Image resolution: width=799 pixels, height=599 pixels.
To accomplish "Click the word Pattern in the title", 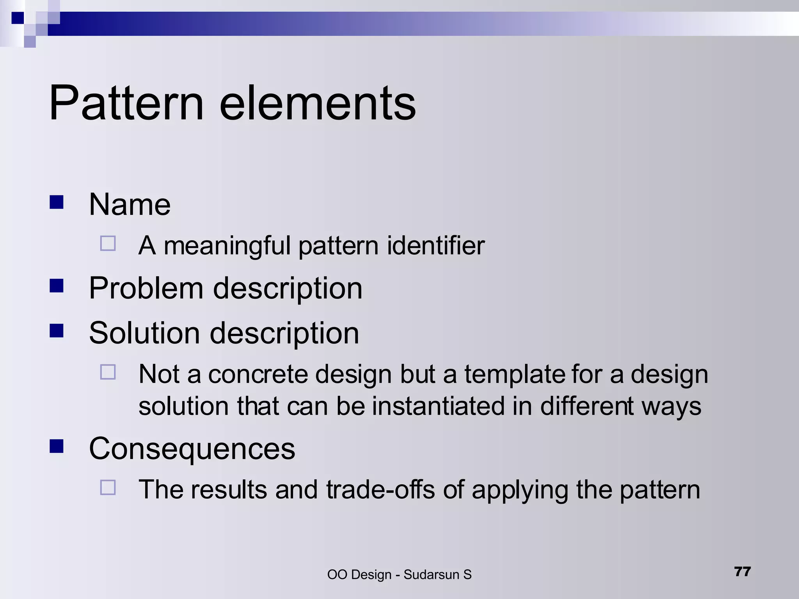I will click(x=126, y=103).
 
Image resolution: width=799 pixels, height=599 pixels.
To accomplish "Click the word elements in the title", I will click(x=318, y=103).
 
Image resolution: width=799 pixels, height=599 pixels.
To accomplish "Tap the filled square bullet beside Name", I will click(x=57, y=202).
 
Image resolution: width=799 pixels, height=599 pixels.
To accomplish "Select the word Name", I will click(x=130, y=204).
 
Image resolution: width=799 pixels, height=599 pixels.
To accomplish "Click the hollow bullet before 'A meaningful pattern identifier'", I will click(x=108, y=243).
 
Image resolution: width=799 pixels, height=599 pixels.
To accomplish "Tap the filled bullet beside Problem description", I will click(x=57, y=286).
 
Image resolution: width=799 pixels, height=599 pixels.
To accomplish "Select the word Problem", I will click(x=146, y=289).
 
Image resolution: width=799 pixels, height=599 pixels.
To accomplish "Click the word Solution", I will click(x=144, y=333).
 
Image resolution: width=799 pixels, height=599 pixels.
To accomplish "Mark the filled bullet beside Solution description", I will click(x=57, y=331).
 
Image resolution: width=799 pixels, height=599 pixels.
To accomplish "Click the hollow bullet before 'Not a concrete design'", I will click(x=108, y=372).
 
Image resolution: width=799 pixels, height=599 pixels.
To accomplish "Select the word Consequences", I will click(x=192, y=448).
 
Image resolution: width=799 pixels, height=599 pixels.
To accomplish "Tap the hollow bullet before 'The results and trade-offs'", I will click(x=108, y=487).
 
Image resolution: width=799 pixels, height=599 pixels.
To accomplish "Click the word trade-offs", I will click(x=380, y=490).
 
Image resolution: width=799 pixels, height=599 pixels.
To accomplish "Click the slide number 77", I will click(x=742, y=572).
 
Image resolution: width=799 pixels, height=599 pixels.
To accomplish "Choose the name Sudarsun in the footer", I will click(x=431, y=575).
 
